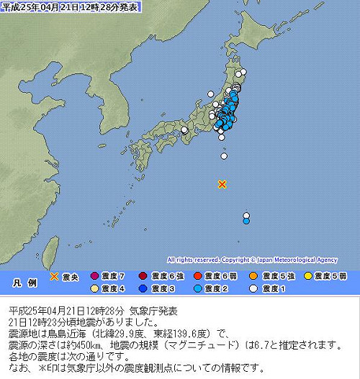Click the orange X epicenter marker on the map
[222, 185]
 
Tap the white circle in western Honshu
[184, 130]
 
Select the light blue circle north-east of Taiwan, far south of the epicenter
[246, 222]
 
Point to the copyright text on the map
[252, 260]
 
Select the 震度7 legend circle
[94, 276]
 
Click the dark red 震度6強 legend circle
[143, 276]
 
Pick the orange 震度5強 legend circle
[254, 276]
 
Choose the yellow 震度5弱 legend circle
[308, 276]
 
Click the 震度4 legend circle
[94, 288]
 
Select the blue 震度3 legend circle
[143, 288]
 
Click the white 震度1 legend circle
[254, 288]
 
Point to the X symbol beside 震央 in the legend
[54, 276]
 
